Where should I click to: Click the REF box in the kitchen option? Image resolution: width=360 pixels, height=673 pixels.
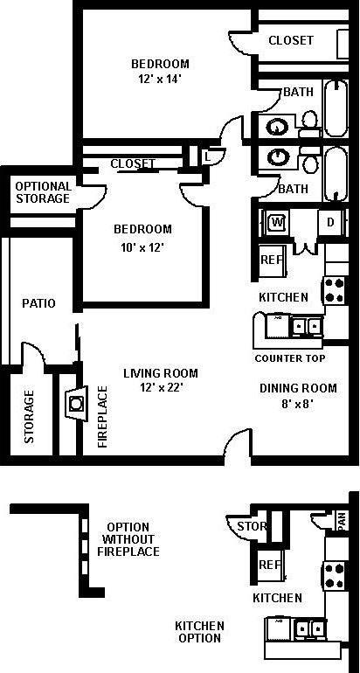point(269,565)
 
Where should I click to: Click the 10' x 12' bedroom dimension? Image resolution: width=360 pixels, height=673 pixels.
point(142,246)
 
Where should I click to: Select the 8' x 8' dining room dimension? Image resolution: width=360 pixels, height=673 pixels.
point(297,405)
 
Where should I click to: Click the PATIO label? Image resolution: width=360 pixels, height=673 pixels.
point(38,304)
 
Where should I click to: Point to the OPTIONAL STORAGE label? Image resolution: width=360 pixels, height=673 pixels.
point(42,192)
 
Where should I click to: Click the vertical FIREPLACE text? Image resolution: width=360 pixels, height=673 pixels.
point(102,416)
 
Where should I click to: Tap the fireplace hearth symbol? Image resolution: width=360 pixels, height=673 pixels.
point(76,404)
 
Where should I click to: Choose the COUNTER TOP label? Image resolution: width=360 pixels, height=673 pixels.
point(289,358)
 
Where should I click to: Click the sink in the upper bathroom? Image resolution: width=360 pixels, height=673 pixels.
point(279,125)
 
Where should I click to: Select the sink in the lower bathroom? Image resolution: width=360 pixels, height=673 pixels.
point(279,157)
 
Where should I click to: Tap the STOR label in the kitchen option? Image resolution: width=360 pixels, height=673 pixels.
point(252,526)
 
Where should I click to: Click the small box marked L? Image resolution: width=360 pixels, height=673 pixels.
point(206,156)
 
